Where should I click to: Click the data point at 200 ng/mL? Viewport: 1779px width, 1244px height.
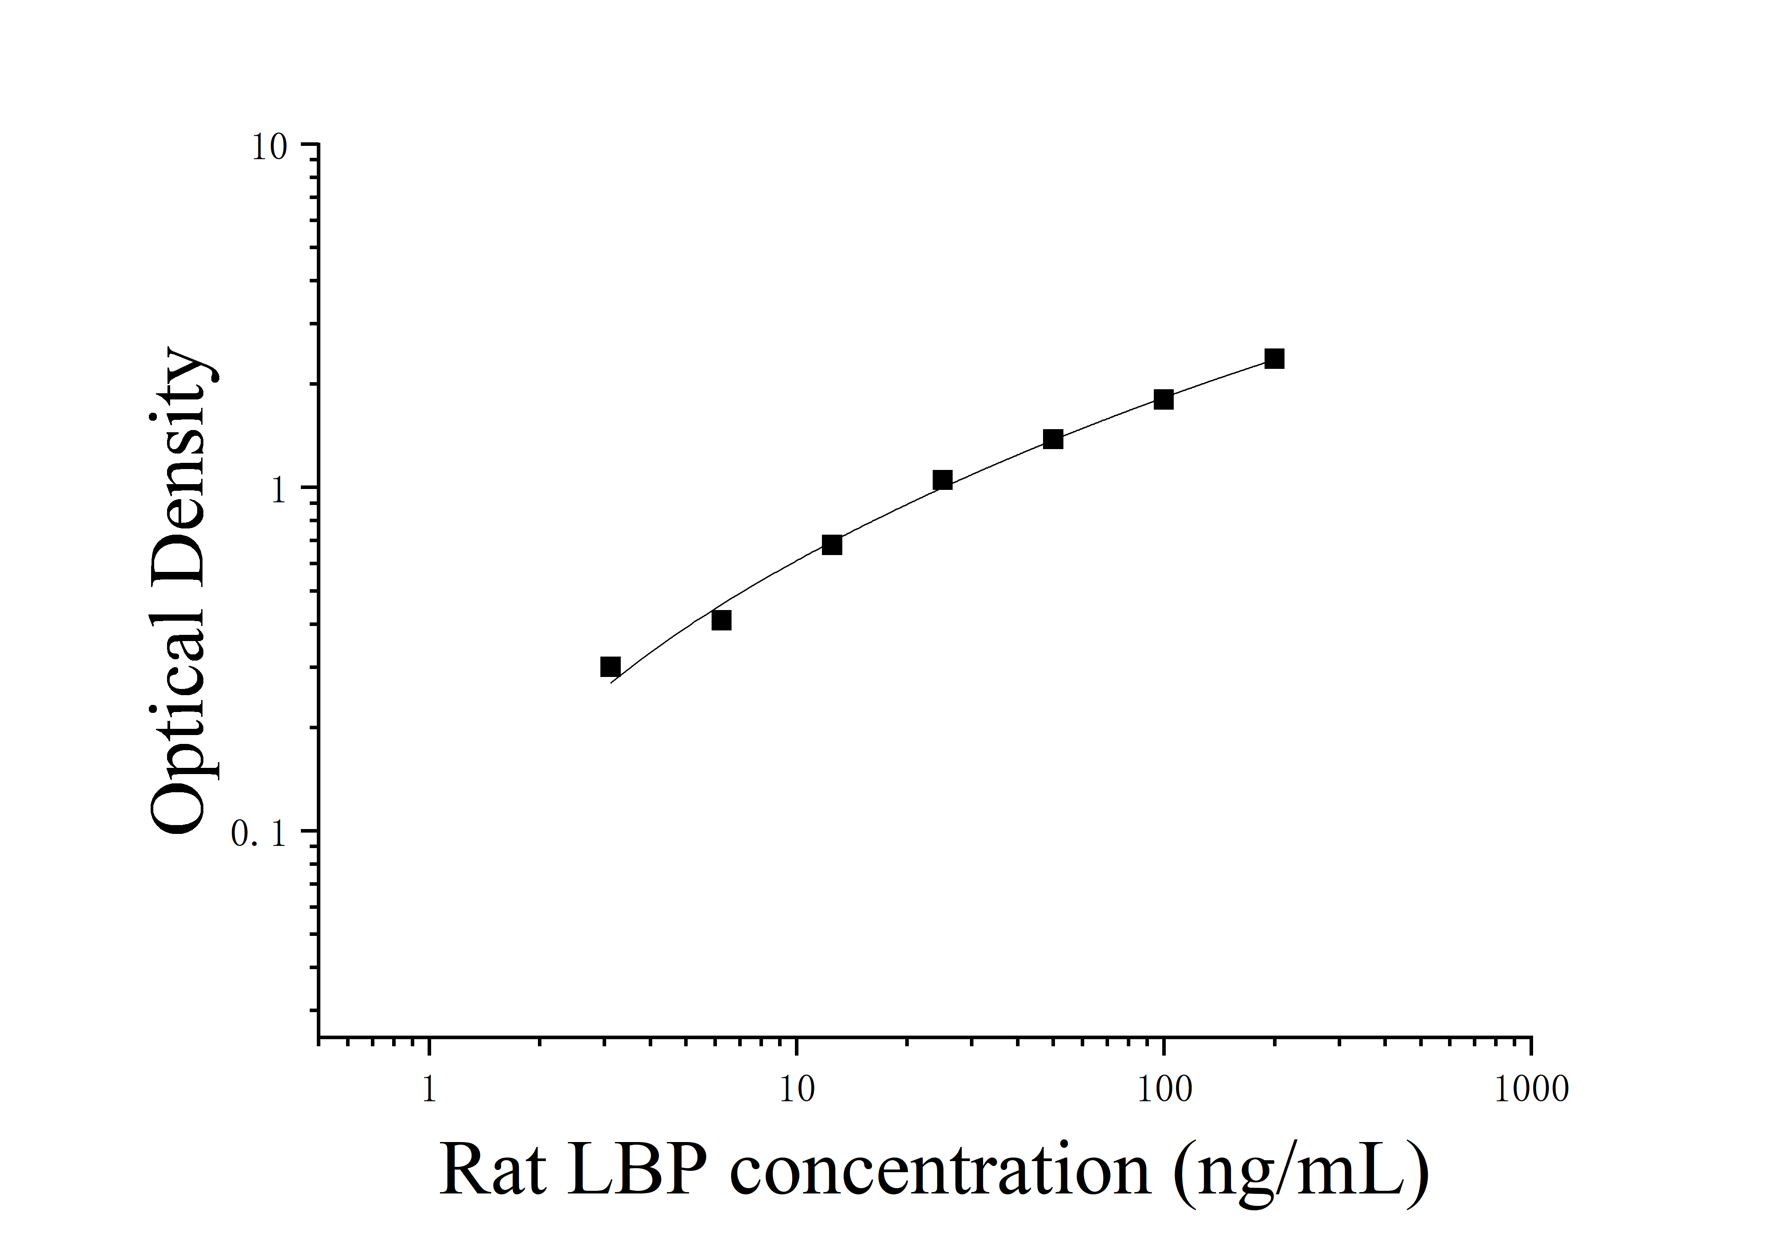pyautogui.click(x=1274, y=358)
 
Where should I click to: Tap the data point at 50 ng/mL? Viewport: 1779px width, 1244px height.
pyautogui.click(x=1052, y=439)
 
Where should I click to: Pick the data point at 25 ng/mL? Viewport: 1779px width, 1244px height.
pyautogui.click(x=942, y=481)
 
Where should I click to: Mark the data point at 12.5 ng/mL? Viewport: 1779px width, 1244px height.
pyautogui.click(x=831, y=545)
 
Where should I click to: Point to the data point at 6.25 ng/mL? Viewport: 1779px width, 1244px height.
pyautogui.click(x=720, y=620)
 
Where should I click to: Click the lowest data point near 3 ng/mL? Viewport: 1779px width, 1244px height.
pyautogui.click(x=611, y=667)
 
